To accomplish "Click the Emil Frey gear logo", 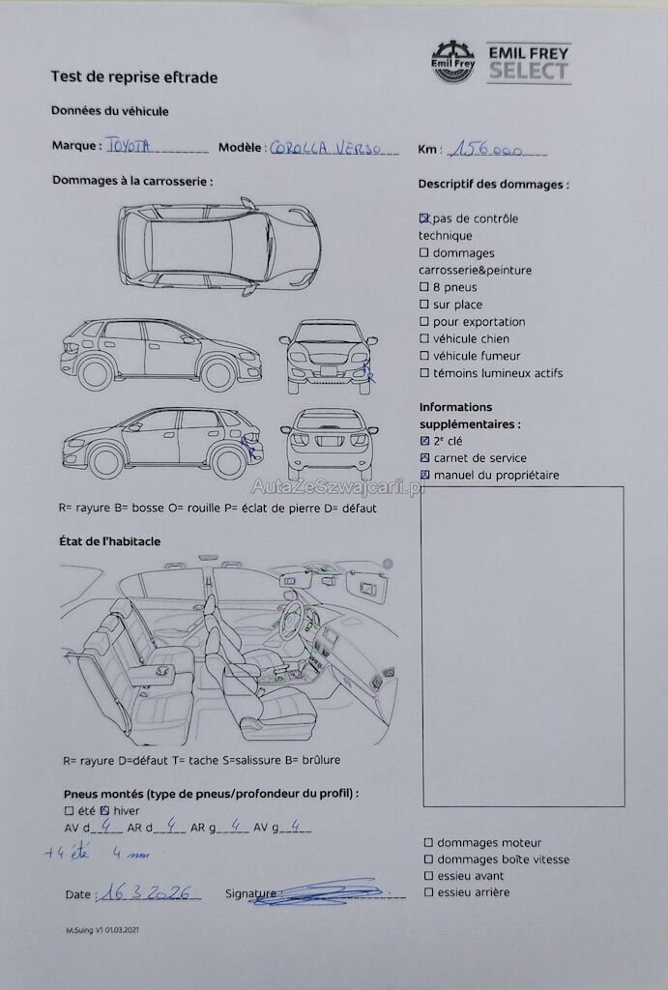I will click(x=453, y=61).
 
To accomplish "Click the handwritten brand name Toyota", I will click(x=128, y=145).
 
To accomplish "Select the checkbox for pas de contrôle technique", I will click(x=424, y=218).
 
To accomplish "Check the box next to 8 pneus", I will click(x=424, y=287).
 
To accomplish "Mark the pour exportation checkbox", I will click(x=424, y=322).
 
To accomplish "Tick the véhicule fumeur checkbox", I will click(x=424, y=356).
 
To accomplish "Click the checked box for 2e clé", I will click(x=424, y=441).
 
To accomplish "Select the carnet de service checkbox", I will click(x=424, y=458).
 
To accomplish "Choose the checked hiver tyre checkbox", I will click(x=104, y=810).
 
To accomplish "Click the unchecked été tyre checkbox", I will click(x=69, y=810).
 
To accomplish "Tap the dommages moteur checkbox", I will click(x=428, y=843).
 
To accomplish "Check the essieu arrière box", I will click(x=428, y=892).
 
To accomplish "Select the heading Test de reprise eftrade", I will click(x=134, y=77).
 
